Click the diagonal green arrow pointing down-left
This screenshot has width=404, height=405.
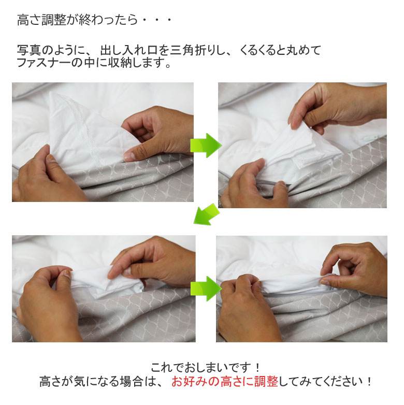click(206, 214)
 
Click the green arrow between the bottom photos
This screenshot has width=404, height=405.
click(205, 288)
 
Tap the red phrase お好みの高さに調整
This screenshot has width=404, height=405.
click(225, 382)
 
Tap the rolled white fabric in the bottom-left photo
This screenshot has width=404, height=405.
click(93, 280)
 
